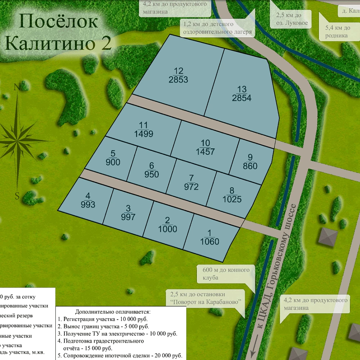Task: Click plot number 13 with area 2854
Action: (241, 94)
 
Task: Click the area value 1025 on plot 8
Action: (232, 199)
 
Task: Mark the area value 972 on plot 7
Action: (191, 187)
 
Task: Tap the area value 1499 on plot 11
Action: (144, 134)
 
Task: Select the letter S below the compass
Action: (17, 196)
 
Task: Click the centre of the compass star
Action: (17, 139)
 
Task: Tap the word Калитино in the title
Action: (50, 44)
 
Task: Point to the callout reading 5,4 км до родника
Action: (337, 32)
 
